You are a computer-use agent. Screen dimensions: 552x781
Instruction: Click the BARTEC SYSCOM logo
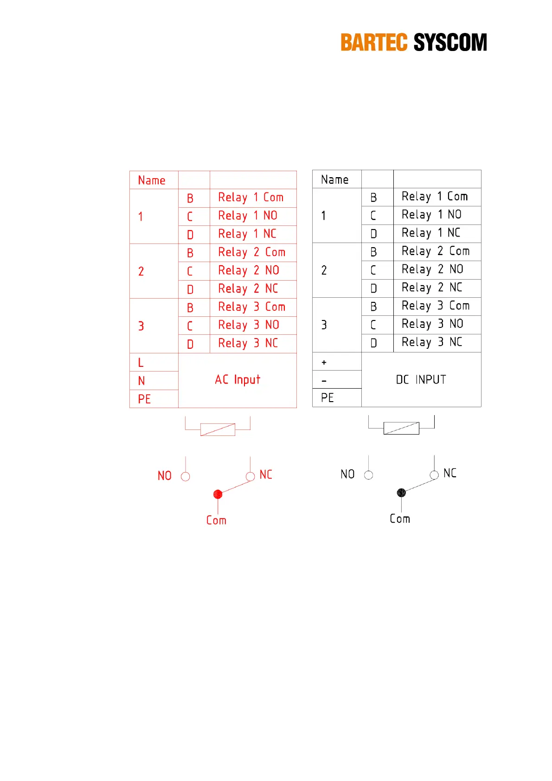(413, 42)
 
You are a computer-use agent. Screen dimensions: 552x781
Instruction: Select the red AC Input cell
(237, 380)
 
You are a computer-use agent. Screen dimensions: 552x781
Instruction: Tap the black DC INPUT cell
(421, 379)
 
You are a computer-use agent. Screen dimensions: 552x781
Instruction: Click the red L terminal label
(141, 362)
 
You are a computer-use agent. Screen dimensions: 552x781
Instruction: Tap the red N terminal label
(141, 381)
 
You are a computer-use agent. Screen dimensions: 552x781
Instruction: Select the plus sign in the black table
(324, 362)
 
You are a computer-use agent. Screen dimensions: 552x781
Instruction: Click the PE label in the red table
(144, 399)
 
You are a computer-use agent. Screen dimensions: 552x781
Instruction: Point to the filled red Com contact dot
(218, 494)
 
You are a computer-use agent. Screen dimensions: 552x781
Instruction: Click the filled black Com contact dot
(401, 493)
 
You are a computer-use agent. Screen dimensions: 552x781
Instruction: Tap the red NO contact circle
(185, 476)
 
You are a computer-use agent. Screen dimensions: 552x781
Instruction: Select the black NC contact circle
(434, 475)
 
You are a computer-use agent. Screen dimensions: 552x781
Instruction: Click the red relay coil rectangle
(218, 429)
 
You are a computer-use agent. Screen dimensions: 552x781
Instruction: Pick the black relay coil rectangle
(401, 428)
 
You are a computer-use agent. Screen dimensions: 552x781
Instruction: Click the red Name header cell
(152, 180)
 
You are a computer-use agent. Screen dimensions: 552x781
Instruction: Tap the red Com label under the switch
(216, 520)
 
